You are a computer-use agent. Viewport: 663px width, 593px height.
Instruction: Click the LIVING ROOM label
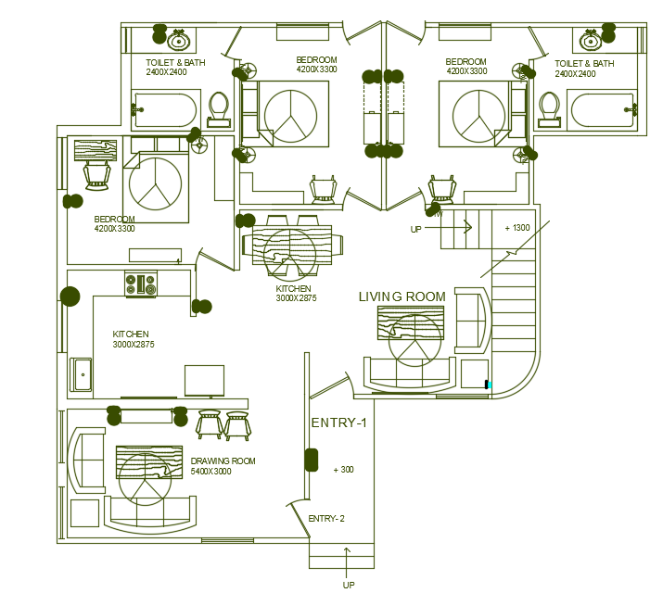402,296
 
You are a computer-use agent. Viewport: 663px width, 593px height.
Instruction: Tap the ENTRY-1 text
338,423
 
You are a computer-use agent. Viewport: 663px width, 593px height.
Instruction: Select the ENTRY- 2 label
326,519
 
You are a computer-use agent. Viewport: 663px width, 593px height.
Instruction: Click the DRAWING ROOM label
223,461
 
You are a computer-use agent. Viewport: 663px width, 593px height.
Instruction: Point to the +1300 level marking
517,228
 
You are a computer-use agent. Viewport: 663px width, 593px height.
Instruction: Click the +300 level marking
343,470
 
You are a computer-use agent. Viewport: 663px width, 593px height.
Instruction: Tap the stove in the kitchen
141,284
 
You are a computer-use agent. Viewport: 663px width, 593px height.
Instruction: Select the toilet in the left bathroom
220,108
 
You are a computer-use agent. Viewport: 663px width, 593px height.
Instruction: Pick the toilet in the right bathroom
548,107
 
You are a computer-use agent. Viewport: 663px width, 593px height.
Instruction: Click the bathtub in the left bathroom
164,108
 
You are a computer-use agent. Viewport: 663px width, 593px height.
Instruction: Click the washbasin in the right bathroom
591,41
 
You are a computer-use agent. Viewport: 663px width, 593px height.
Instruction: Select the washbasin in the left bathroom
179,40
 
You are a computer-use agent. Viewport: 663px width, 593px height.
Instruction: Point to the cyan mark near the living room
489,384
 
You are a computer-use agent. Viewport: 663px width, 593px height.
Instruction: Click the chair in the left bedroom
97,173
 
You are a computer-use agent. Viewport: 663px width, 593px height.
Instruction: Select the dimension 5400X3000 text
210,472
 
